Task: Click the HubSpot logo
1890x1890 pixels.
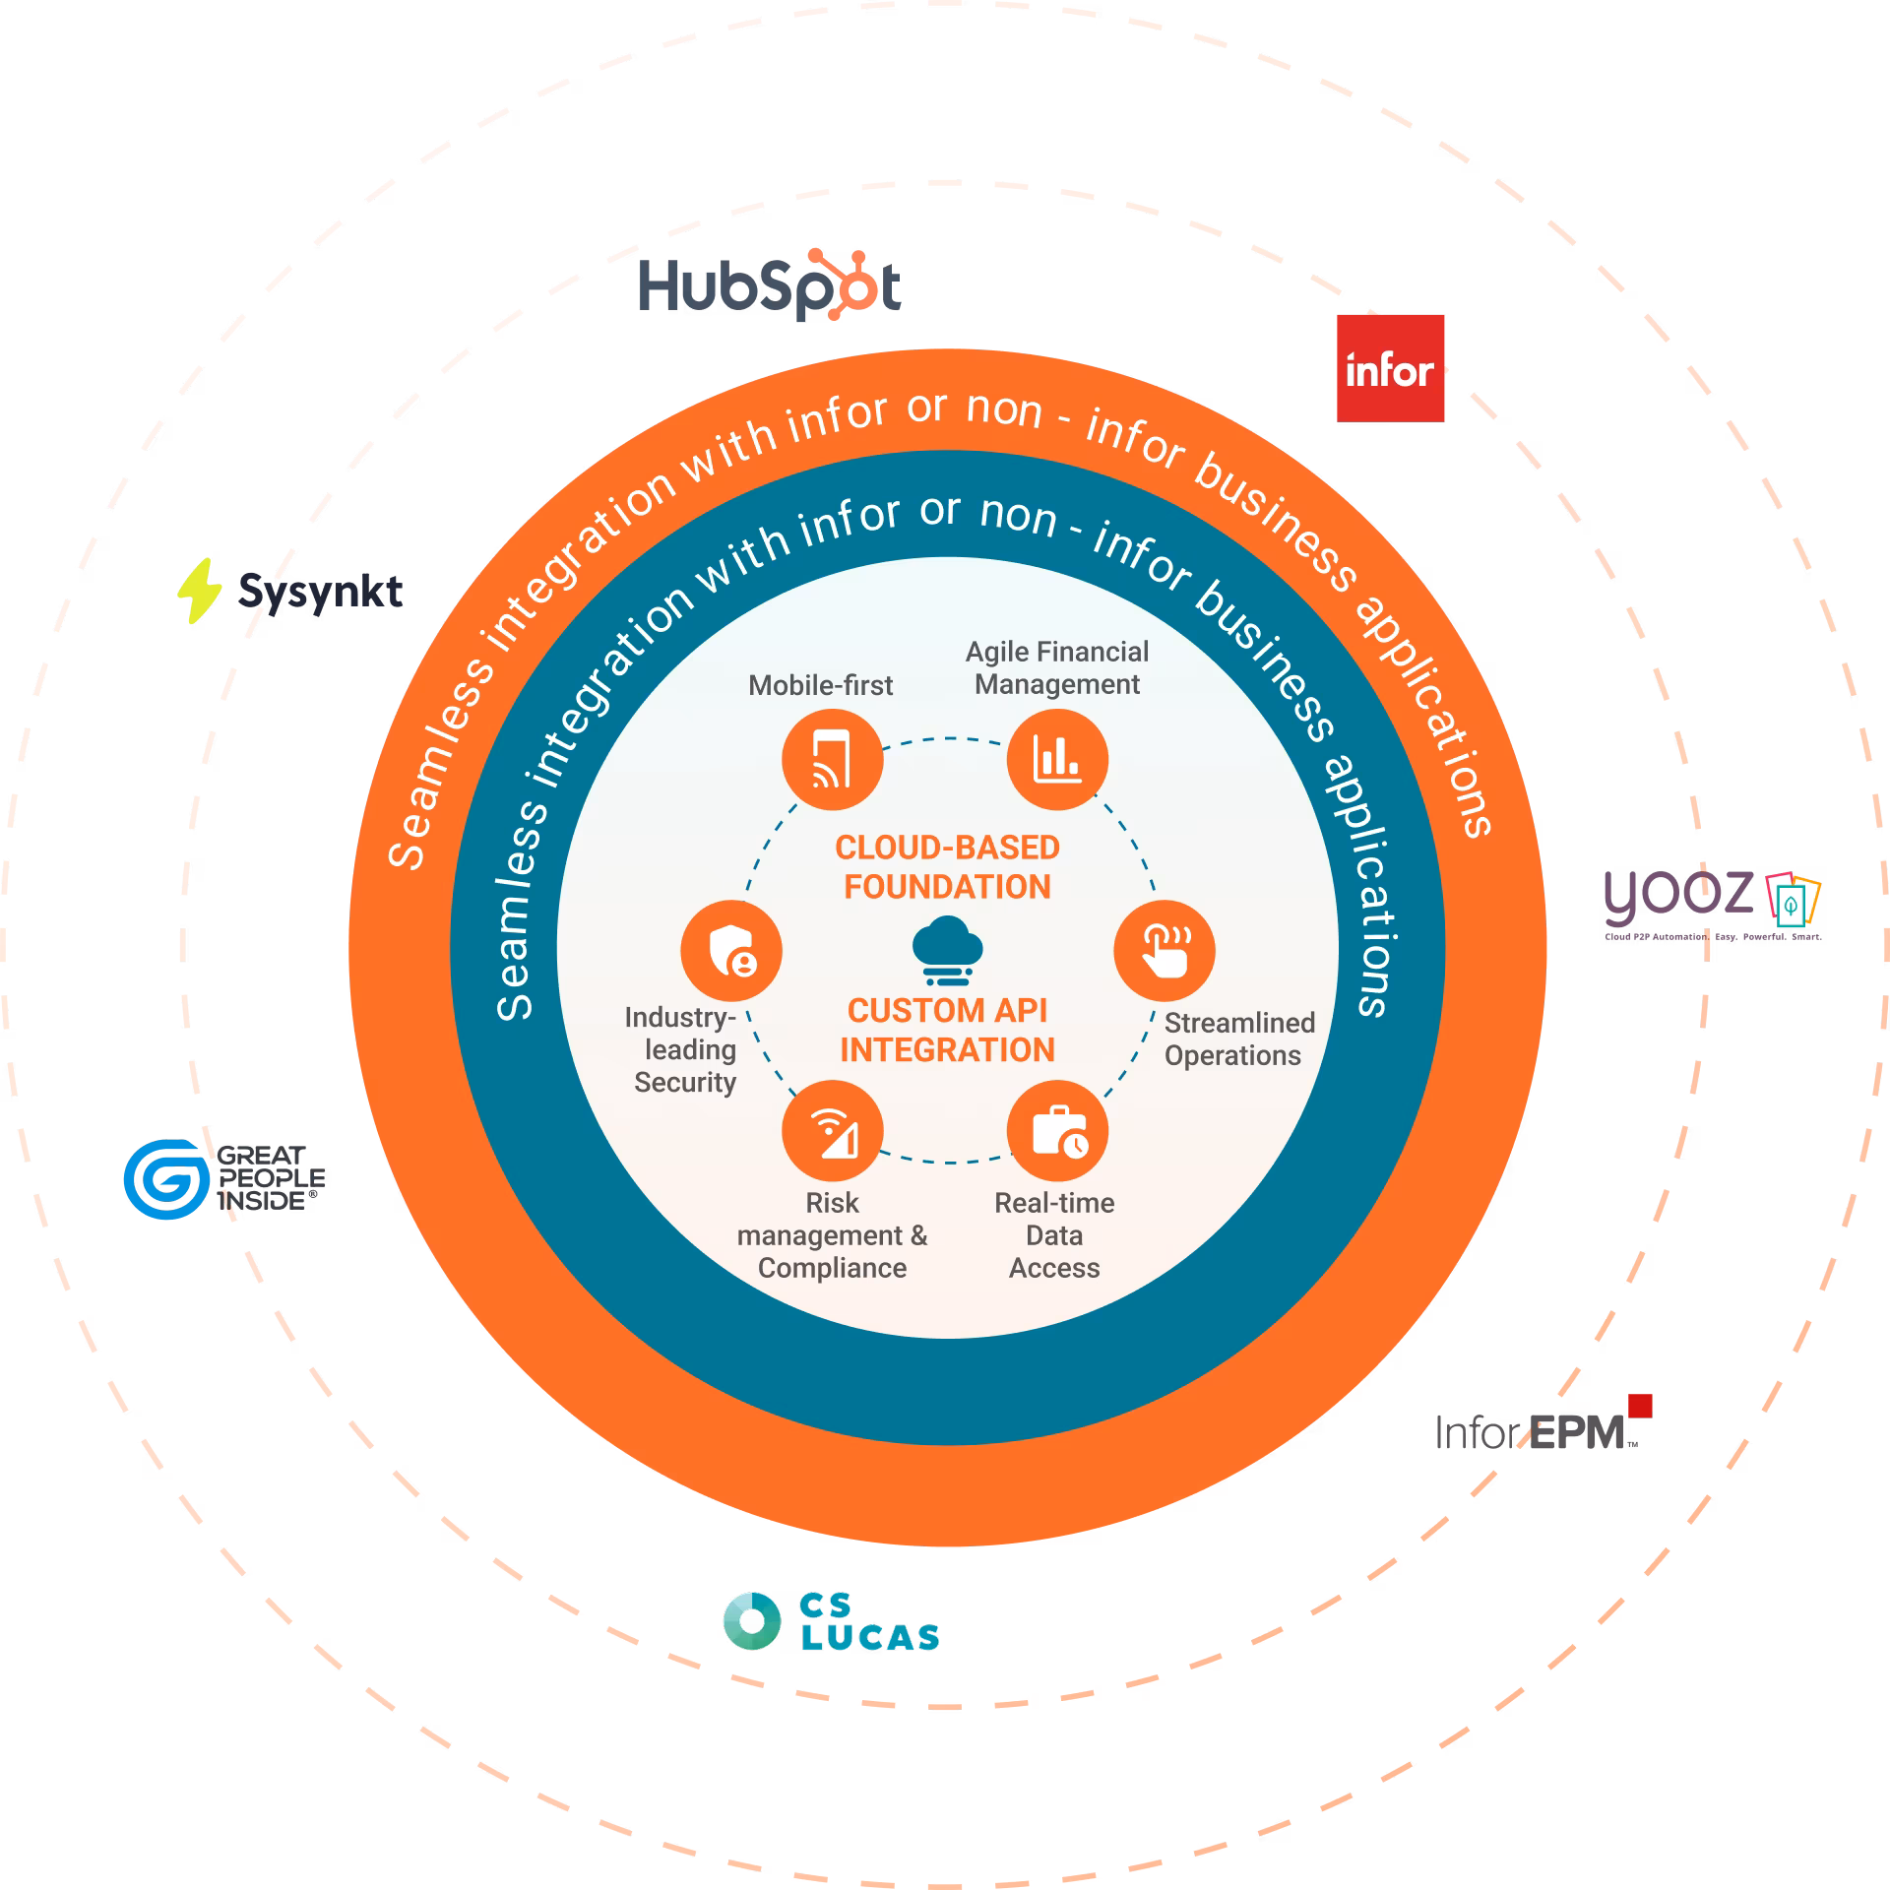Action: (770, 288)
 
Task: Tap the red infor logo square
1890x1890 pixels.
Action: (1390, 368)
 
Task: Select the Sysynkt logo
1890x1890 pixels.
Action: (290, 591)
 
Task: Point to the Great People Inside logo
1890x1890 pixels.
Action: (224, 1178)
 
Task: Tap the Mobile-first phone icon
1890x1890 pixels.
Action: (832, 760)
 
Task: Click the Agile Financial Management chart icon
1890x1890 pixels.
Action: (1057, 760)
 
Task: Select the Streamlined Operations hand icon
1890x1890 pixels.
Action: (1165, 951)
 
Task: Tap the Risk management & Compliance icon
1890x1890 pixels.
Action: (832, 1131)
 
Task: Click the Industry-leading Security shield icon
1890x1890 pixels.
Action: (731, 951)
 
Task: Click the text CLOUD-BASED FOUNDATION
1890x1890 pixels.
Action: (947, 867)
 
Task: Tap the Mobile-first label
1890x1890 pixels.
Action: (820, 685)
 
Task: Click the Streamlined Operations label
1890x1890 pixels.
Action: (1238, 1039)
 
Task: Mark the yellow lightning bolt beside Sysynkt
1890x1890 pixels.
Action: (199, 590)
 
